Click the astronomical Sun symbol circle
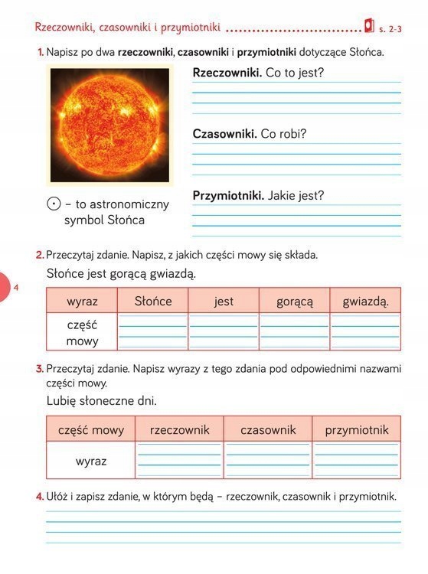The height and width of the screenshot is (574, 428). tap(53, 204)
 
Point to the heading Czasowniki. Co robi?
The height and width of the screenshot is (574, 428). tap(250, 133)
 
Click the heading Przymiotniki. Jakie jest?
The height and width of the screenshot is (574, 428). tap(258, 195)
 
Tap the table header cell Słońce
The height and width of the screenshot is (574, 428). tap(152, 301)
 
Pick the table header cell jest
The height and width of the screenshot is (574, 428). tap(224, 301)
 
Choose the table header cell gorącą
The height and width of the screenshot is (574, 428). tap(295, 301)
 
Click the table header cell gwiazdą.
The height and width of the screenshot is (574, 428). tap(366, 301)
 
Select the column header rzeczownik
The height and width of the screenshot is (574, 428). tap(180, 429)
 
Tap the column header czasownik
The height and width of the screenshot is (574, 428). tap(268, 429)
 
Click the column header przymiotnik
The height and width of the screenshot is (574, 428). tap(357, 429)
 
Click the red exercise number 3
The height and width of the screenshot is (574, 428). tap(40, 369)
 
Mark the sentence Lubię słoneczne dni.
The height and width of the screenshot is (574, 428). tap(101, 400)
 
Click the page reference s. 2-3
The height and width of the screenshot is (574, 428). tap(390, 29)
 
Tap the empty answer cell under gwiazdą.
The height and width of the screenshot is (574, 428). tap(366, 332)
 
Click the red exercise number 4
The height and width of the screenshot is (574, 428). tap(40, 497)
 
